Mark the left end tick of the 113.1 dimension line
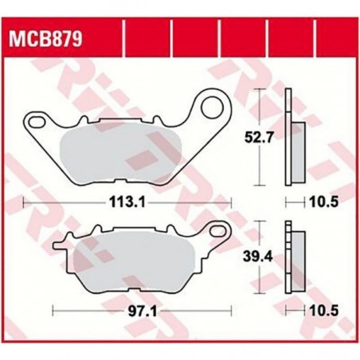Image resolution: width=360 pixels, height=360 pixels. click(x=26, y=202)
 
